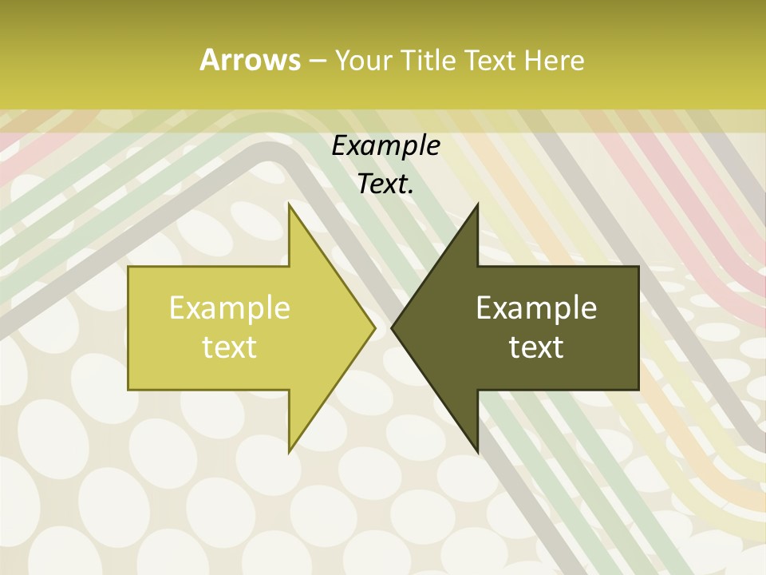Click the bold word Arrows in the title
(x=249, y=60)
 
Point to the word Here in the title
(x=554, y=61)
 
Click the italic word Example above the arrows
(x=385, y=146)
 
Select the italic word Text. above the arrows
(x=385, y=184)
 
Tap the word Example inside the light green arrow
(x=230, y=308)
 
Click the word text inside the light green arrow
(x=230, y=347)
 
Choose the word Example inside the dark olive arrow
(x=536, y=308)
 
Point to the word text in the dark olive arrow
(x=536, y=347)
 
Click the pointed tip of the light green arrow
(x=374, y=327)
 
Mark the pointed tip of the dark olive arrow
(x=392, y=327)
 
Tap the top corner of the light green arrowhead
(x=289, y=204)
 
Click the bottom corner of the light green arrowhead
(x=289, y=451)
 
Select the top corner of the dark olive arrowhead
(x=477, y=204)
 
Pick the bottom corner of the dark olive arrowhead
(x=477, y=451)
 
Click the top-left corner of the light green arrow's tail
(x=128, y=267)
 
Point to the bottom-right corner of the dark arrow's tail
(x=638, y=389)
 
